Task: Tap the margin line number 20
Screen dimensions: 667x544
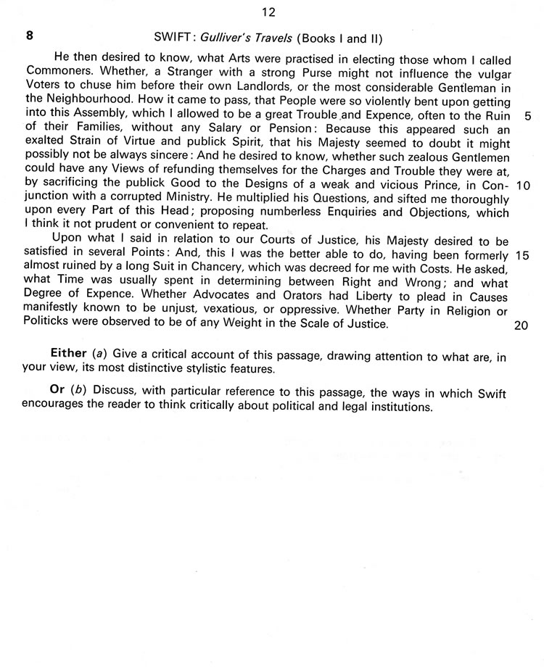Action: [521, 325]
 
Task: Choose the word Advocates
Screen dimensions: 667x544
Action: [231, 297]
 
